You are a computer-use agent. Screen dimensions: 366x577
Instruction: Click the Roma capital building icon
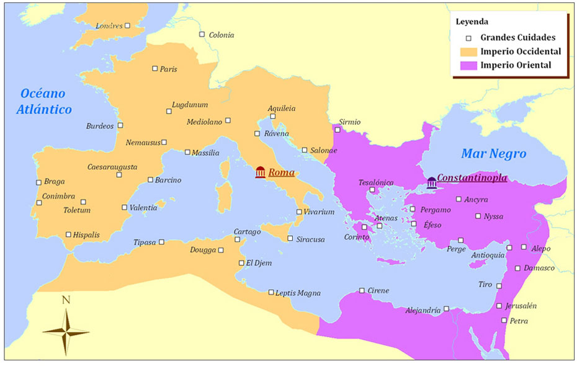[260, 172]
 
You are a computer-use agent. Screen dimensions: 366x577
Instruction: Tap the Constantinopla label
[472, 178]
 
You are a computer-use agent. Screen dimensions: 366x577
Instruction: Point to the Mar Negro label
[493, 154]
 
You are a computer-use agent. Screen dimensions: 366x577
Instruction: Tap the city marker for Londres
[127, 26]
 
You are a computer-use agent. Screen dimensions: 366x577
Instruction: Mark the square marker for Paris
[155, 68]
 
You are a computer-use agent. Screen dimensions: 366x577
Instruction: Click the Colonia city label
[221, 35]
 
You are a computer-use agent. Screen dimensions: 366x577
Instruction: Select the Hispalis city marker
[68, 234]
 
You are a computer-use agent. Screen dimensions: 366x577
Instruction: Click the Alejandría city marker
[446, 308]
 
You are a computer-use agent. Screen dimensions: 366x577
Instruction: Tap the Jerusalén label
[521, 306]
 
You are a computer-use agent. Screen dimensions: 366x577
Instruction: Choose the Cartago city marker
[237, 239]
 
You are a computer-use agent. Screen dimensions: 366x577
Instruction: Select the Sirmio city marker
[338, 130]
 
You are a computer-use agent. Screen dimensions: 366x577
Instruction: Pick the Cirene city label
[378, 290]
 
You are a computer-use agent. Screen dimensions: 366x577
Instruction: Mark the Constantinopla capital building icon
[431, 182]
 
